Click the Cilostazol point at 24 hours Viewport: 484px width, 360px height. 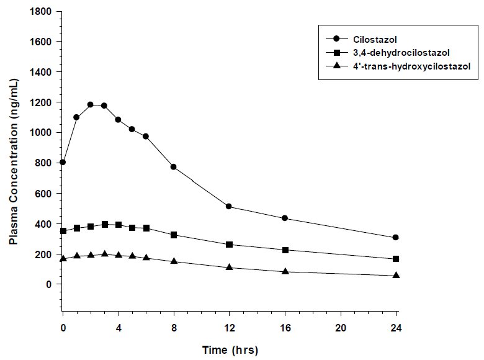point(396,237)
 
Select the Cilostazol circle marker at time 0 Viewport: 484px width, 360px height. point(63,162)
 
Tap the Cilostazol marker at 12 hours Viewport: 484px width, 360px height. point(229,206)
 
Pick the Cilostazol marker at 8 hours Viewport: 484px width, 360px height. point(174,166)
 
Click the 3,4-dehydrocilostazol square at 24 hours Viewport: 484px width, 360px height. point(396,259)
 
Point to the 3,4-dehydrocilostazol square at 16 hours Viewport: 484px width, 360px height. point(285,250)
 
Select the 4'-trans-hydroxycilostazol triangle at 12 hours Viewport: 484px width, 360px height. point(229,268)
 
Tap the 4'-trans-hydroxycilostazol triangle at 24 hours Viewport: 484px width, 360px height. point(396,275)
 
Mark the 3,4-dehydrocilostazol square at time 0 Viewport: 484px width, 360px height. point(63,231)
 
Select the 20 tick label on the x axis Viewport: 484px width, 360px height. point(340,326)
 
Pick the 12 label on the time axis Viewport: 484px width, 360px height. point(229,326)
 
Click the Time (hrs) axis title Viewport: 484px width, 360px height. point(230,349)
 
